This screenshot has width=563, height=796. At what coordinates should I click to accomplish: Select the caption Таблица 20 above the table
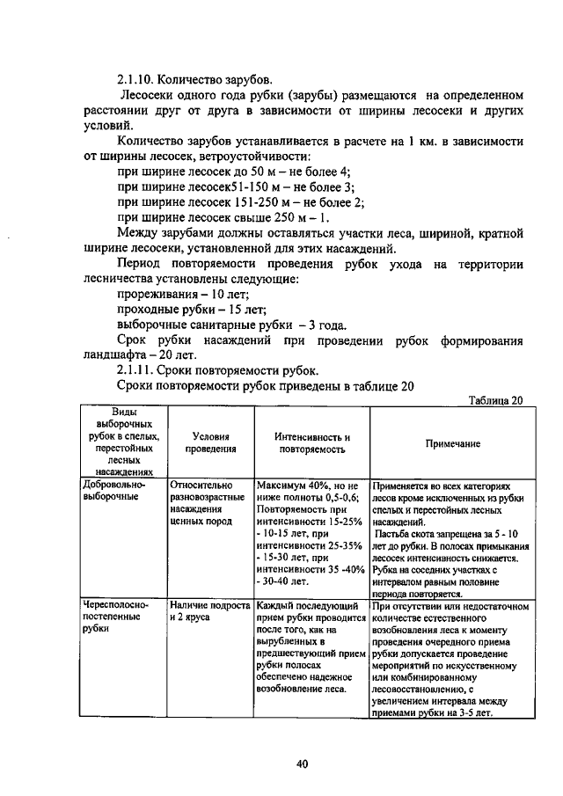coord(495,401)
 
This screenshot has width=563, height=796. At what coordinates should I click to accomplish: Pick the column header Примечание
coord(453,443)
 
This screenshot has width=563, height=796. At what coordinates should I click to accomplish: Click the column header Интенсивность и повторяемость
coord(311,442)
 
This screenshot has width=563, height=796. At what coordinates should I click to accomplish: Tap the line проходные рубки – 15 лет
coord(188,310)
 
